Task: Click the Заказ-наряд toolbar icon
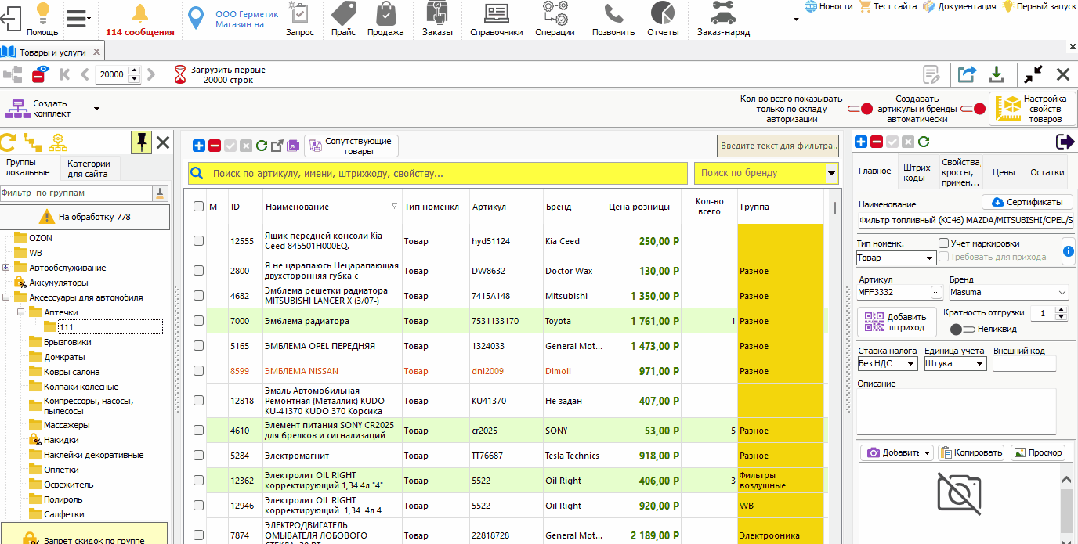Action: click(723, 13)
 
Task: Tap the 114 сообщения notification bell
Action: click(140, 13)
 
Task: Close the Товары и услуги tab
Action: click(96, 52)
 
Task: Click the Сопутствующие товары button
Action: click(351, 146)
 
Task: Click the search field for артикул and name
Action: click(438, 174)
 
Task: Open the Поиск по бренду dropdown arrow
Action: click(831, 173)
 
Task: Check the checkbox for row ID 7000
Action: click(198, 321)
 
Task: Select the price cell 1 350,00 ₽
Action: click(654, 296)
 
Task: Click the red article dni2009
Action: click(487, 371)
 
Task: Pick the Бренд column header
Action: click(559, 207)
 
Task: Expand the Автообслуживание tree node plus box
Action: click(5, 268)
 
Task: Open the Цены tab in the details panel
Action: click(1004, 172)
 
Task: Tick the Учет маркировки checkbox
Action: click(943, 243)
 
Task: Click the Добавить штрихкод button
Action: click(896, 322)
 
